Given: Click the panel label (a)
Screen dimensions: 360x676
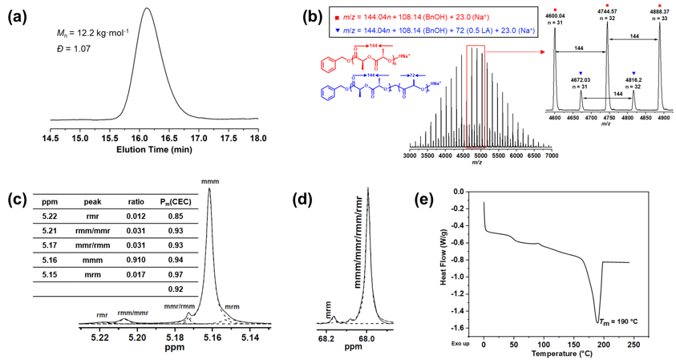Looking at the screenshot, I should (17, 15).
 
